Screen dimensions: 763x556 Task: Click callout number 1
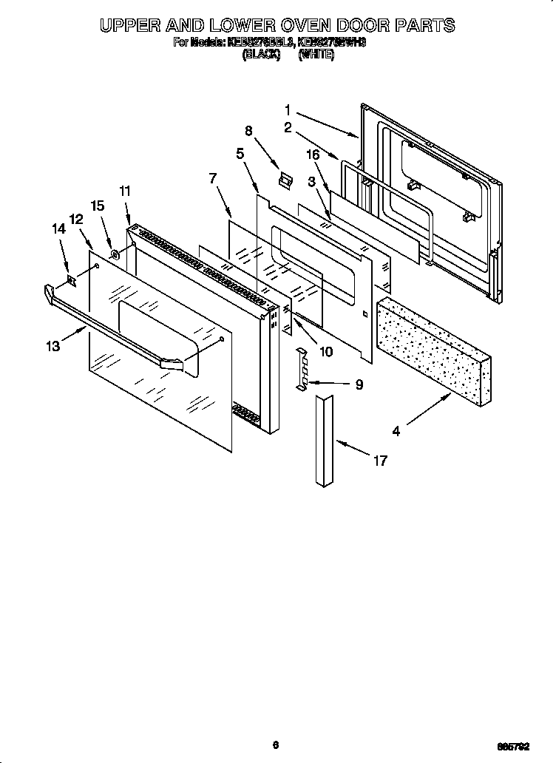coord(288,109)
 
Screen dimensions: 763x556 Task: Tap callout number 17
coord(380,461)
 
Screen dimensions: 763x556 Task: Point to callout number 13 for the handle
coord(52,346)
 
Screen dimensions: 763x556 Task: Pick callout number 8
coord(248,131)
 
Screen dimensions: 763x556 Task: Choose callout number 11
coord(125,191)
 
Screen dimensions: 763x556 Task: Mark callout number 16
coord(313,154)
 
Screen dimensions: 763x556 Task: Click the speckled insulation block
coord(433,348)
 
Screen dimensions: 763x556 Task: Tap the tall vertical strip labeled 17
coord(323,441)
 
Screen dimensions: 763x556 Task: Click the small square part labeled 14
coord(72,280)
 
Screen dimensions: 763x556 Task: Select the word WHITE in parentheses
coord(316,54)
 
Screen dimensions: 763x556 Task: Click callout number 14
coord(58,230)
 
